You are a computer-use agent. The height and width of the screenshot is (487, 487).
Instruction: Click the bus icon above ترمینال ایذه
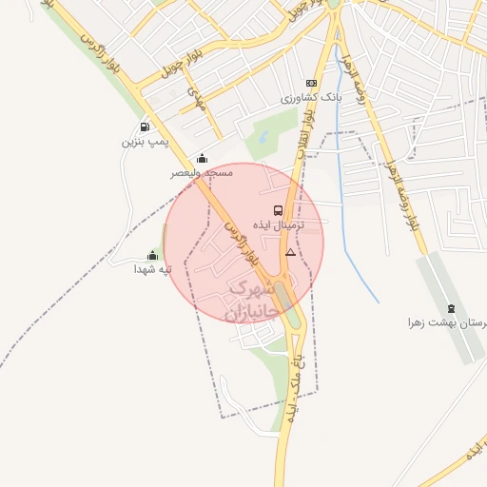[278, 210]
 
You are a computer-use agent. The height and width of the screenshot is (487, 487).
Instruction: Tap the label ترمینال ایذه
[278, 226]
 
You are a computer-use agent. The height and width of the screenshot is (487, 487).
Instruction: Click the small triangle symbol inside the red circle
[290, 252]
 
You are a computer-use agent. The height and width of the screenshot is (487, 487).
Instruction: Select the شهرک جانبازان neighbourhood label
[250, 298]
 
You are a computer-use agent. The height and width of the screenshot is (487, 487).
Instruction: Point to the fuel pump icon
[144, 127]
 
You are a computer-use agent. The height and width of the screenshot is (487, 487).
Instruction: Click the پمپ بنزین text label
[144, 142]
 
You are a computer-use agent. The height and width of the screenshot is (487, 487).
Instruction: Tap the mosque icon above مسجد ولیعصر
[202, 159]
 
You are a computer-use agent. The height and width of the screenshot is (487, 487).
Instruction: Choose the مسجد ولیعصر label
[202, 173]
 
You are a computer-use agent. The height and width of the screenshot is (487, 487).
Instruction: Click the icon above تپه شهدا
[152, 255]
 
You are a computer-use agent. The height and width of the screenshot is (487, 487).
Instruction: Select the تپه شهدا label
[152, 270]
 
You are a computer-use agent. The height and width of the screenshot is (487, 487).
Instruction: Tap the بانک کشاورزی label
[310, 98]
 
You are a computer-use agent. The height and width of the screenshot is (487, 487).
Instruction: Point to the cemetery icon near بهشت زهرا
[450, 308]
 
